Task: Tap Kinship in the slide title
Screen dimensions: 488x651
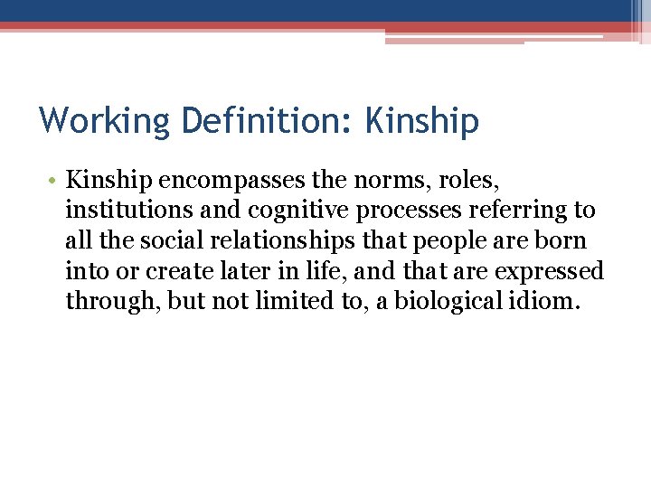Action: click(x=421, y=120)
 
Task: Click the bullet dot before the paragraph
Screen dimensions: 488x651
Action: click(x=54, y=182)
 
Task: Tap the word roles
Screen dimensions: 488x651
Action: click(x=462, y=181)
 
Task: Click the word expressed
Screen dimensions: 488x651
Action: click(x=554, y=270)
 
